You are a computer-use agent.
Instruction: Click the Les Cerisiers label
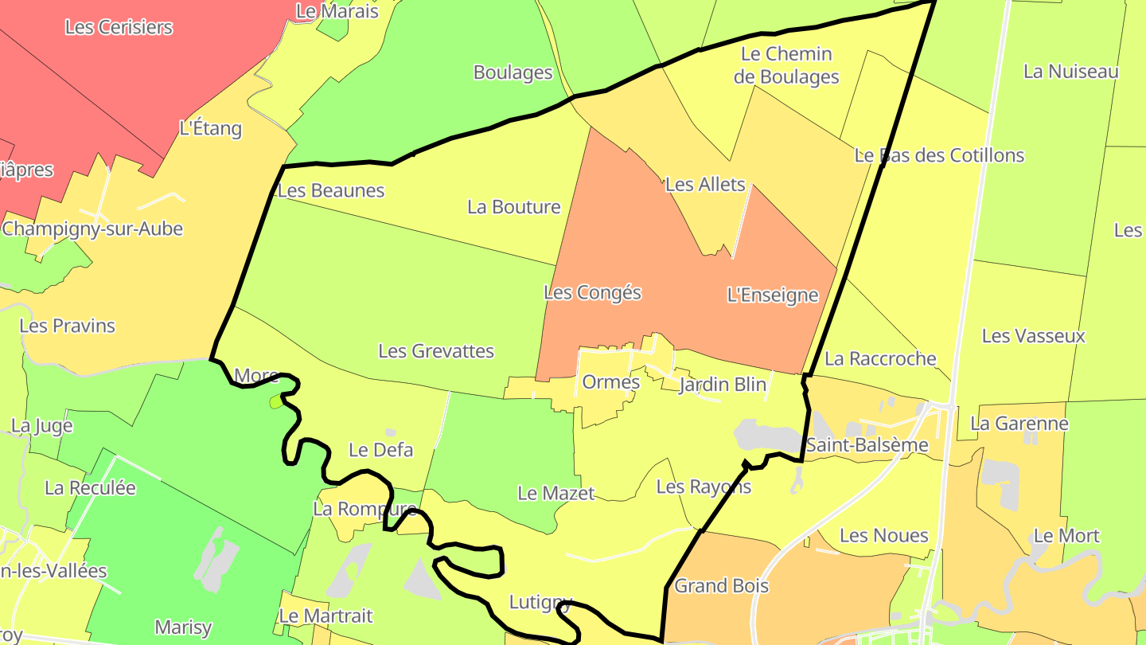(119, 27)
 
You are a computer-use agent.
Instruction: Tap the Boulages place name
(513, 72)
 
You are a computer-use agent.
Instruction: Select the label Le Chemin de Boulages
(785, 65)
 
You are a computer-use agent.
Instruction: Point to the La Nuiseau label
(1070, 72)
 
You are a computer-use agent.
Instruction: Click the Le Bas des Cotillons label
(939, 155)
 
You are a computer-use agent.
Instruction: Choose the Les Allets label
(705, 185)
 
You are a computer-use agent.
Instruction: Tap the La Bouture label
(514, 207)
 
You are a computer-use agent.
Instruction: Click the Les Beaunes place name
(331, 190)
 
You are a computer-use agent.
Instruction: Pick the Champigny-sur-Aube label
(92, 229)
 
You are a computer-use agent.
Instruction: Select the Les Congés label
(592, 292)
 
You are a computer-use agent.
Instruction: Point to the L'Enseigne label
(773, 295)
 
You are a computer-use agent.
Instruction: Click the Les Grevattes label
(436, 350)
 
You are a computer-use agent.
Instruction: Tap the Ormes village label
(611, 382)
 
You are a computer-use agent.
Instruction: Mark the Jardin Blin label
(723, 385)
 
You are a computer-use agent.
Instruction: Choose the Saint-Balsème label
(867, 445)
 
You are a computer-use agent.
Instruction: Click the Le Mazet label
(555, 493)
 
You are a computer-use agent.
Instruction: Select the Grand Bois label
(722, 586)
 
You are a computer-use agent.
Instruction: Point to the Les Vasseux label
(1033, 336)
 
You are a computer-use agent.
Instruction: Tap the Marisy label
(184, 627)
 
